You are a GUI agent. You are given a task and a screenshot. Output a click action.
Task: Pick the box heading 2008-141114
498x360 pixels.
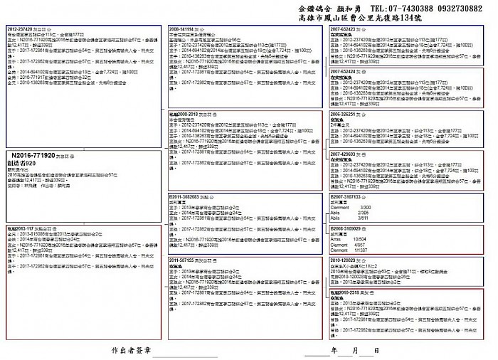tap(184, 28)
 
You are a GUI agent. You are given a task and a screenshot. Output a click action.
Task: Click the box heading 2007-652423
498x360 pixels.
tap(346, 29)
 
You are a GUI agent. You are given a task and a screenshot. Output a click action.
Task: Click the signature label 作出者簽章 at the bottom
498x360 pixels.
tap(132, 351)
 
